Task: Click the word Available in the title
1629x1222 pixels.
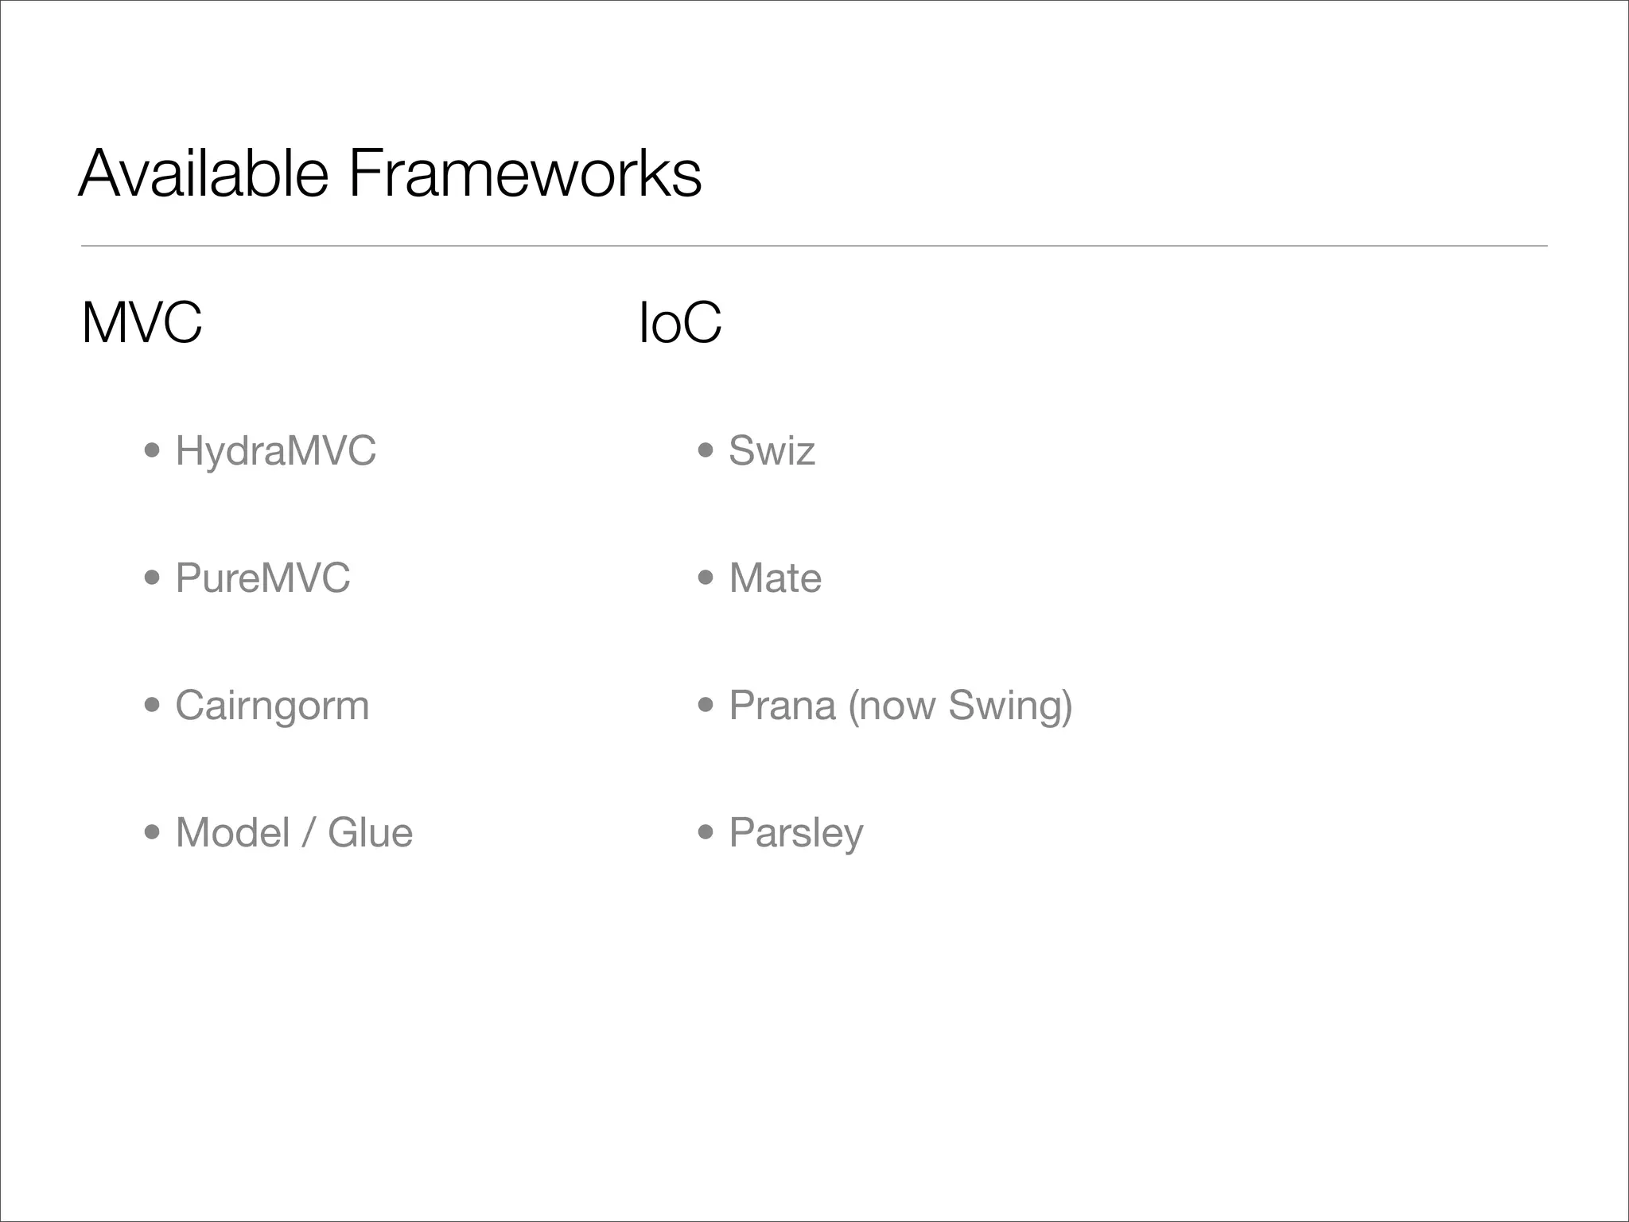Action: pyautogui.click(x=203, y=173)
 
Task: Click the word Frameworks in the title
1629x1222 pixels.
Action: pyautogui.click(x=525, y=173)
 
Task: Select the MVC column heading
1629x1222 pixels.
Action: pyautogui.click(x=142, y=322)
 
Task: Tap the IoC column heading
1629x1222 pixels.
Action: pyautogui.click(x=680, y=322)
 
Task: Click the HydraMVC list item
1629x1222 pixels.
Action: pyautogui.click(x=275, y=451)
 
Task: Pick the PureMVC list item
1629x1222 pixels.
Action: pyautogui.click(x=262, y=578)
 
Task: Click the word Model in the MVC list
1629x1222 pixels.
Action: pyautogui.click(x=232, y=833)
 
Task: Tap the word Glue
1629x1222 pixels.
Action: pyautogui.click(x=370, y=833)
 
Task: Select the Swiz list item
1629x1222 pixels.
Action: pyautogui.click(x=772, y=451)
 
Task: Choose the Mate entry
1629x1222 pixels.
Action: pyautogui.click(x=775, y=578)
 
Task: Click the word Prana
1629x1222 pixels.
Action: pyautogui.click(x=782, y=706)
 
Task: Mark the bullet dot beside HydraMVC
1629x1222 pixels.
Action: pyautogui.click(x=152, y=451)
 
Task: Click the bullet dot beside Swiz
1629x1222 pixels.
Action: pyautogui.click(x=706, y=451)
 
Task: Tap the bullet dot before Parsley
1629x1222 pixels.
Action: pyautogui.click(x=706, y=833)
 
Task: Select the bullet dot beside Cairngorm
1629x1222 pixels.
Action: pyautogui.click(x=152, y=706)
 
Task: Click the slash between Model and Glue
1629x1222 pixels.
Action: pyautogui.click(x=309, y=833)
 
